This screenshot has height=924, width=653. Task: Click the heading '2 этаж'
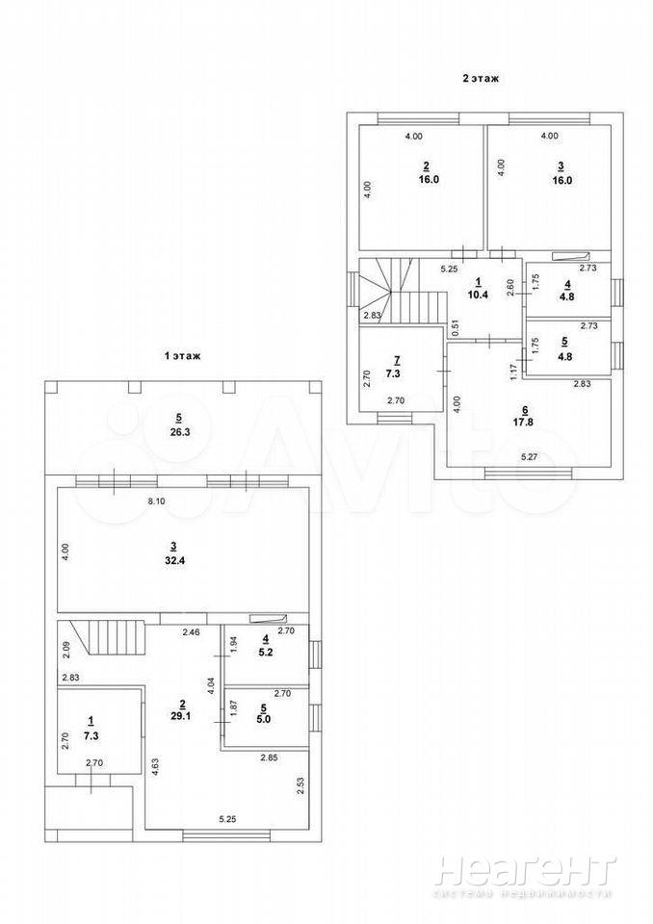(x=481, y=78)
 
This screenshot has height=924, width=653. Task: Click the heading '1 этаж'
(x=182, y=356)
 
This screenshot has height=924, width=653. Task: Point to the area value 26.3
(x=179, y=432)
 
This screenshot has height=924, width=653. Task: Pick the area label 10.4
(x=478, y=295)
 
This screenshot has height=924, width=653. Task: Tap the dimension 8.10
(x=156, y=501)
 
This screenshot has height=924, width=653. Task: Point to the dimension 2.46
(x=191, y=633)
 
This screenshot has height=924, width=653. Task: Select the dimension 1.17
(x=513, y=372)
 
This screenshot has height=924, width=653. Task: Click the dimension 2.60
(x=510, y=288)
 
